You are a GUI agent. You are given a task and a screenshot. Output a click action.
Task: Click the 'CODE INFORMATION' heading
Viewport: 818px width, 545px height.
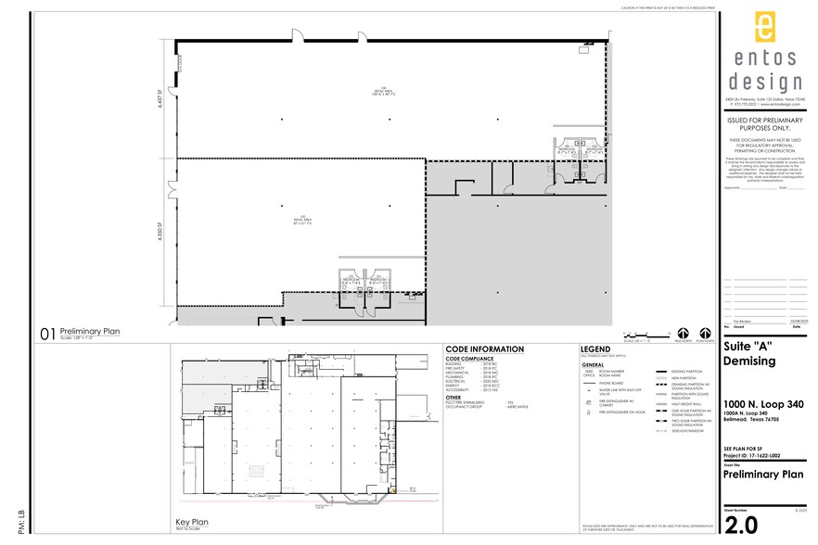pos(484,349)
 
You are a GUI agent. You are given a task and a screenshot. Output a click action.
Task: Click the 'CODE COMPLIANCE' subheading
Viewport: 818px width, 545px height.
pos(471,358)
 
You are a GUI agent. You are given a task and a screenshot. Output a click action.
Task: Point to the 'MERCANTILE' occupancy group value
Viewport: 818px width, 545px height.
pos(518,406)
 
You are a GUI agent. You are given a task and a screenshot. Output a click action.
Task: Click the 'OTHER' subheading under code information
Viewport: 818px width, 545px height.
pos(453,397)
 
